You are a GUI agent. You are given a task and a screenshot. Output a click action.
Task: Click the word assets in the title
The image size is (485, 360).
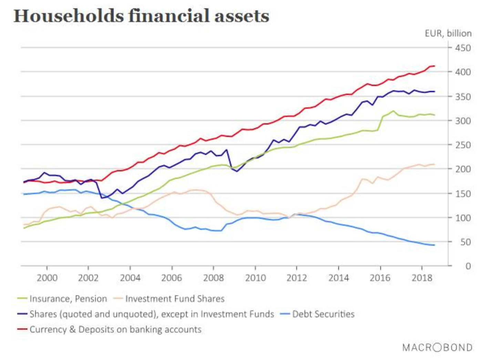click(241, 16)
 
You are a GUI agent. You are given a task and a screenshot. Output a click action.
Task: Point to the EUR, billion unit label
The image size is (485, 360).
click(448, 33)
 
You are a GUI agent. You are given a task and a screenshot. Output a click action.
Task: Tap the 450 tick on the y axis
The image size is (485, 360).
click(463, 48)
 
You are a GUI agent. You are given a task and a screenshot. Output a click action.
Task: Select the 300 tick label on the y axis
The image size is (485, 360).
click(463, 121)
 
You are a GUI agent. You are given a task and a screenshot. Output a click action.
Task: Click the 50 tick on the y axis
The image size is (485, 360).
click(465, 242)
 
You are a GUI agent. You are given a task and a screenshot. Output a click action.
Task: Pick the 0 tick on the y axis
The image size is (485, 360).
click(468, 266)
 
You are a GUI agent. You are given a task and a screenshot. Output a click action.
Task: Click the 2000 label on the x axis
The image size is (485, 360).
click(47, 278)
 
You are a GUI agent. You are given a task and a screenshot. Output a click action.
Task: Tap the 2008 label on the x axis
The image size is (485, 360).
click(214, 278)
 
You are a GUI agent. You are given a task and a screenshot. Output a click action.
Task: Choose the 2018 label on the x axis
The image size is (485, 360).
click(422, 278)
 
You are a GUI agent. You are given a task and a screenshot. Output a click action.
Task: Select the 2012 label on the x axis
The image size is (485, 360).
click(297, 278)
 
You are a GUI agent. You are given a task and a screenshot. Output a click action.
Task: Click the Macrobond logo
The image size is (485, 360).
click(437, 347)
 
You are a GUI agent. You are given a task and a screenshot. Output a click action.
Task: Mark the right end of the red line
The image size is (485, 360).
click(434, 66)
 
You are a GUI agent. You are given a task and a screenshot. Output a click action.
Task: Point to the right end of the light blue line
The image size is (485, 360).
click(434, 245)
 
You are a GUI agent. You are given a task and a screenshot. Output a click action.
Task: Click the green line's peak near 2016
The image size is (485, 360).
click(393, 111)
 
